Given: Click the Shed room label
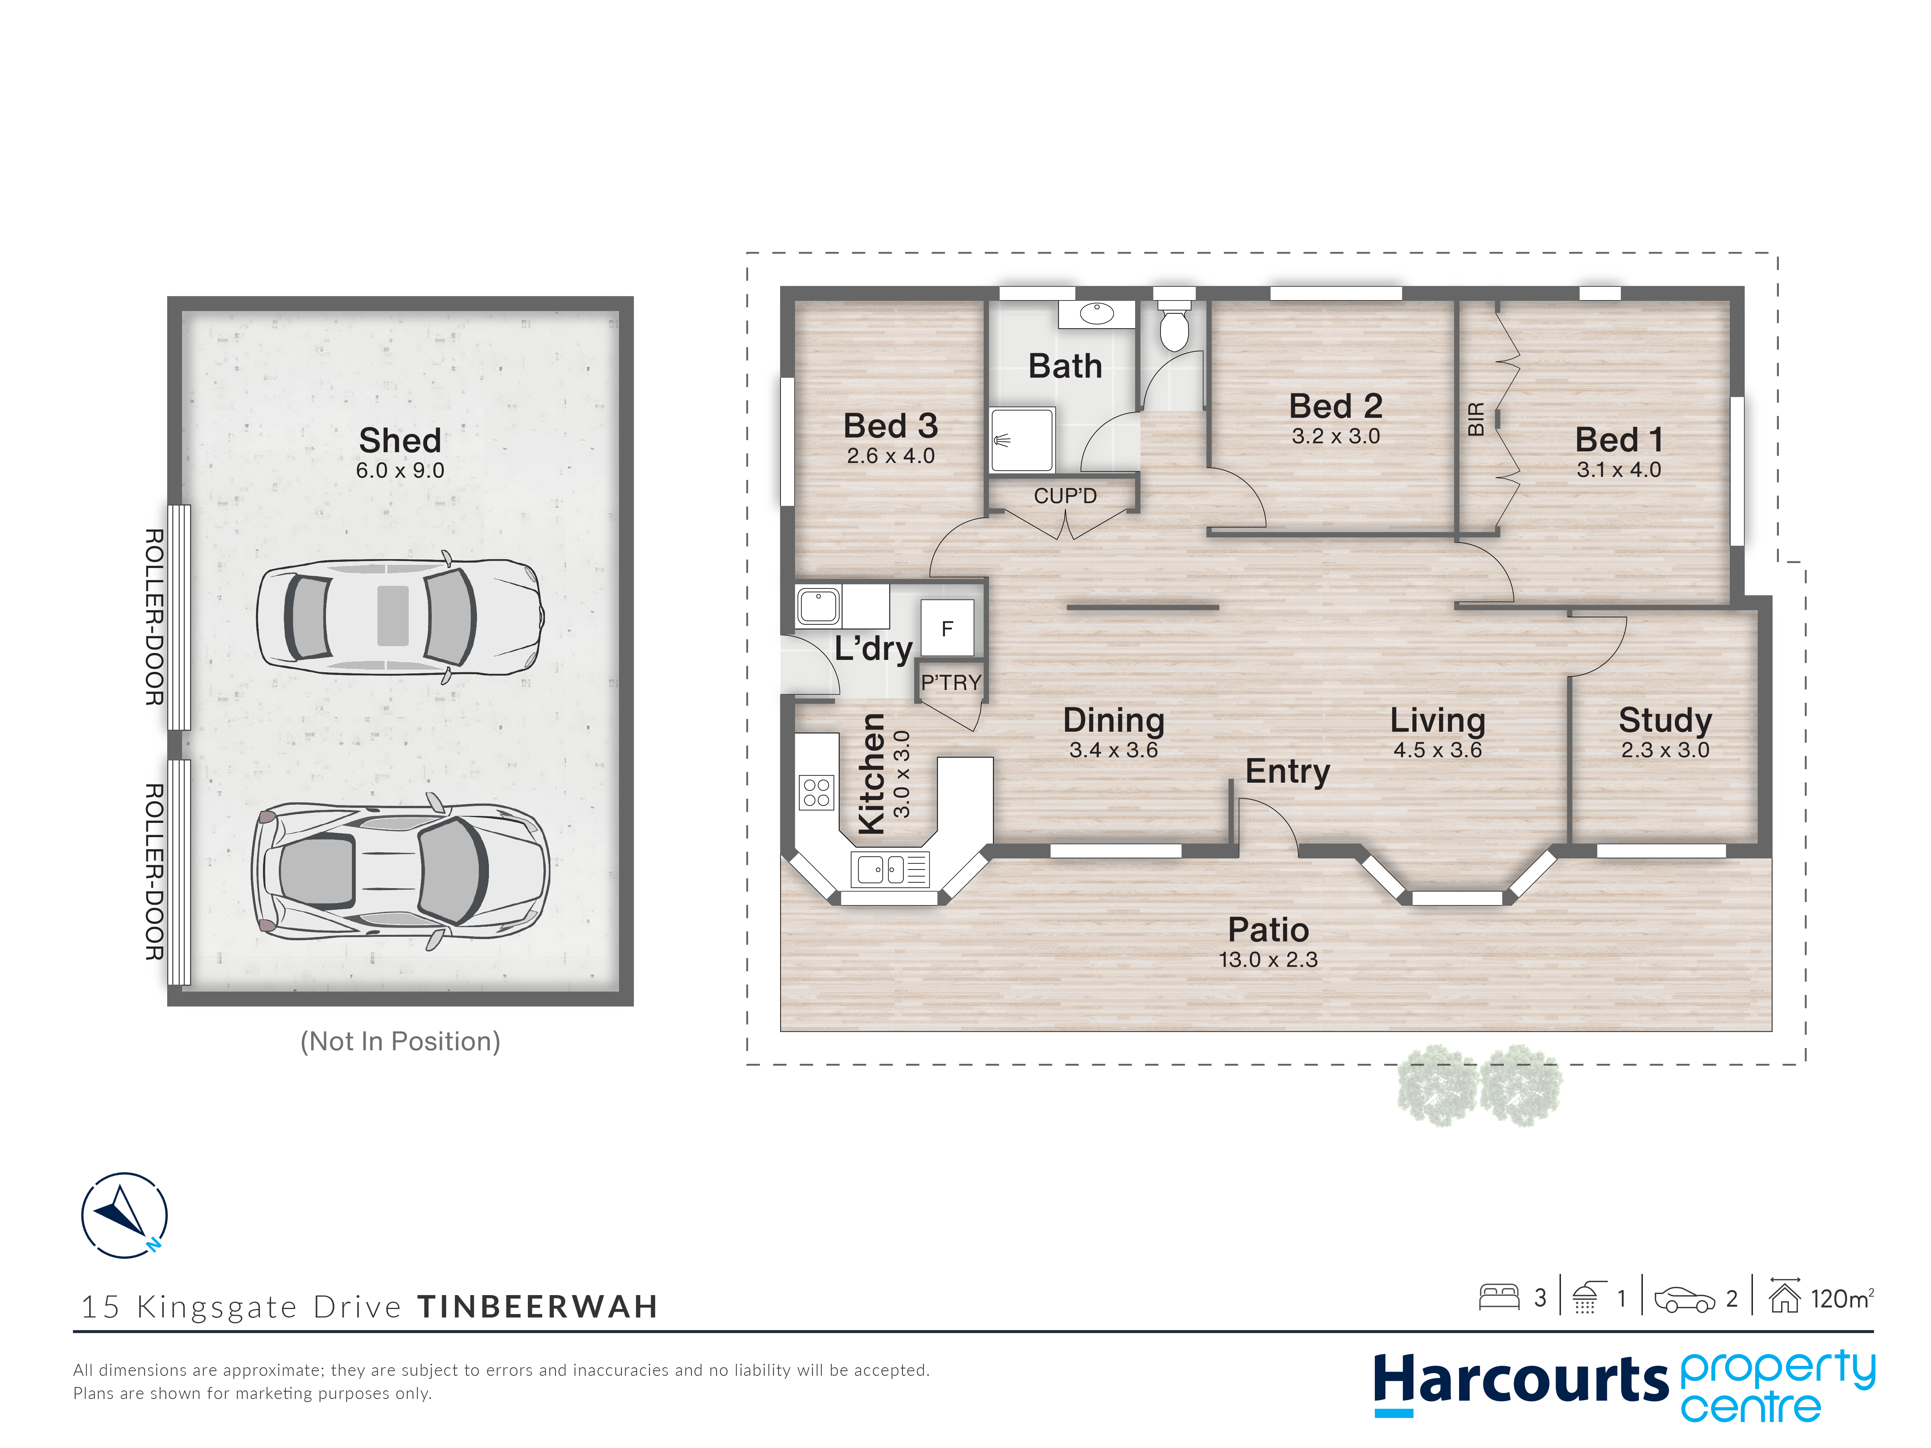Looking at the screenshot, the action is [x=400, y=440].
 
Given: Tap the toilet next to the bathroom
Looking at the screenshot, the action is [x=1174, y=325].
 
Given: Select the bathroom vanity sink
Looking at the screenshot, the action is [x=1096, y=314].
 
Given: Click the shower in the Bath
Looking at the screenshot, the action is [x=1021, y=440].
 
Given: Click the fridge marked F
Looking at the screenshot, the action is [x=947, y=628].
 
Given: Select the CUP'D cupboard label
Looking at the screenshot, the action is [x=1065, y=496].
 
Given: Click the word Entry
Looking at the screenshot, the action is [x=1288, y=771].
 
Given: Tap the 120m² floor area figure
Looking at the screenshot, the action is [x=1842, y=1299].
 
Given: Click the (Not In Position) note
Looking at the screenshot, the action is [x=400, y=1041].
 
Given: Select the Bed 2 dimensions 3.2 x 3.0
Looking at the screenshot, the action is [x=1335, y=436].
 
